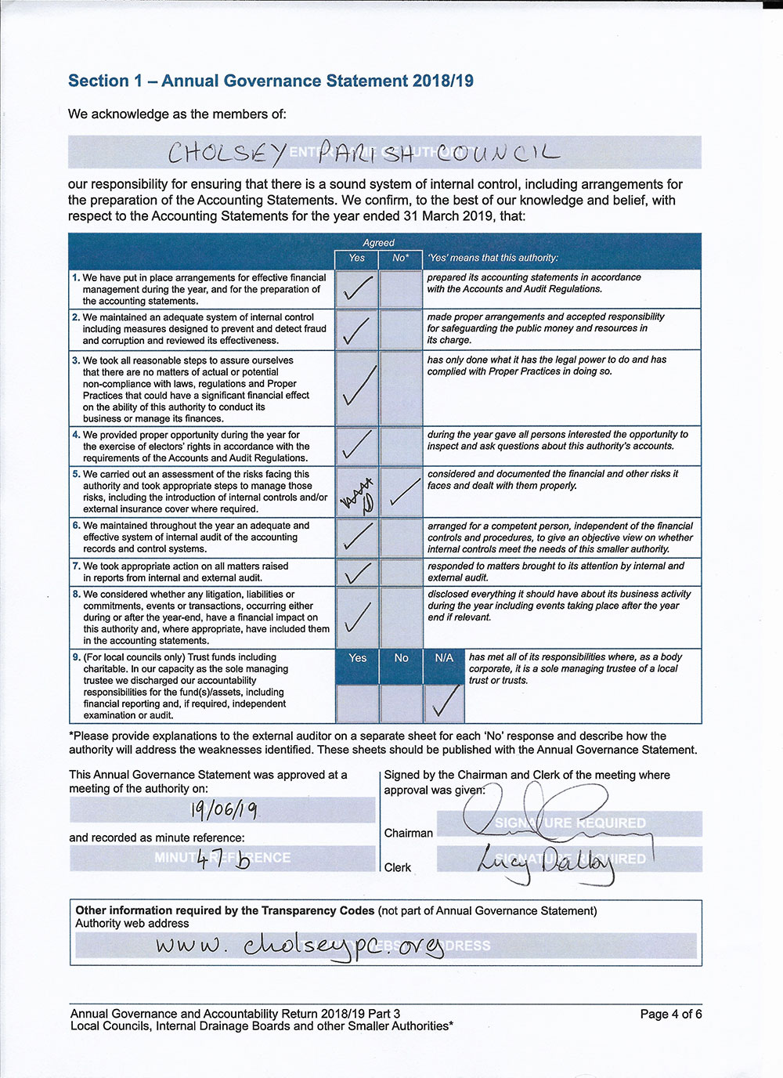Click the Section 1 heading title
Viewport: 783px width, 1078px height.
pos(270,81)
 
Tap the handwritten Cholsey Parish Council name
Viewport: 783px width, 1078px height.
pos(364,153)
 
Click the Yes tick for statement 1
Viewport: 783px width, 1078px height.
pos(357,289)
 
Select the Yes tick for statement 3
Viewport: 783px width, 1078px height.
pos(359,387)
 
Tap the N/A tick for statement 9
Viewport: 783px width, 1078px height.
pos(445,702)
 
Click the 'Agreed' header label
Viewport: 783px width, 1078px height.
pos(378,243)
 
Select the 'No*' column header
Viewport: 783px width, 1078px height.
pos(401,258)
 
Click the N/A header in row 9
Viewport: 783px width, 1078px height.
pos(444,658)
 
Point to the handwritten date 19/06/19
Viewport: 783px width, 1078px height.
pos(224,809)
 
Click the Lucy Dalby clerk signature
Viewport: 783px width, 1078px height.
pos(544,862)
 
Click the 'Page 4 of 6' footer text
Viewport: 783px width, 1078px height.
pos(670,1014)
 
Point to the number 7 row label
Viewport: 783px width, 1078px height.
pos(76,566)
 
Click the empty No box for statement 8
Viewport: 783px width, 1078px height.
pos(401,617)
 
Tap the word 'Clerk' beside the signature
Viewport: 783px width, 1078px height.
pos(398,867)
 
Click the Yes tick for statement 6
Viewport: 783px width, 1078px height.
pos(357,537)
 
